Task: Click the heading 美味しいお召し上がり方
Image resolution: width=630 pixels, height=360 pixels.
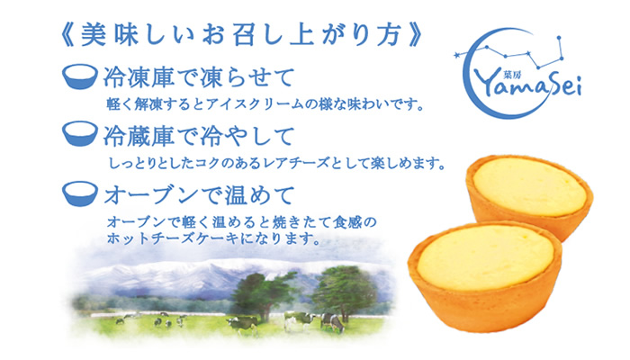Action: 240,35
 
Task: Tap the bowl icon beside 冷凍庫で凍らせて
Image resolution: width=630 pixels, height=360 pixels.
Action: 80,76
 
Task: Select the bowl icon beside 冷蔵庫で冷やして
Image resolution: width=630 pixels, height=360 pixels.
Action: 80,134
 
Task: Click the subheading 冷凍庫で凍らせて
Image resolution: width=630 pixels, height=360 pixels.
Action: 199,77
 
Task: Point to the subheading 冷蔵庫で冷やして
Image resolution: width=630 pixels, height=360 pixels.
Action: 199,135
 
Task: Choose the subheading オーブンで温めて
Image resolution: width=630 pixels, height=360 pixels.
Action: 200,195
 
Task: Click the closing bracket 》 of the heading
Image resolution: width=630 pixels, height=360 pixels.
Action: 414,35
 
